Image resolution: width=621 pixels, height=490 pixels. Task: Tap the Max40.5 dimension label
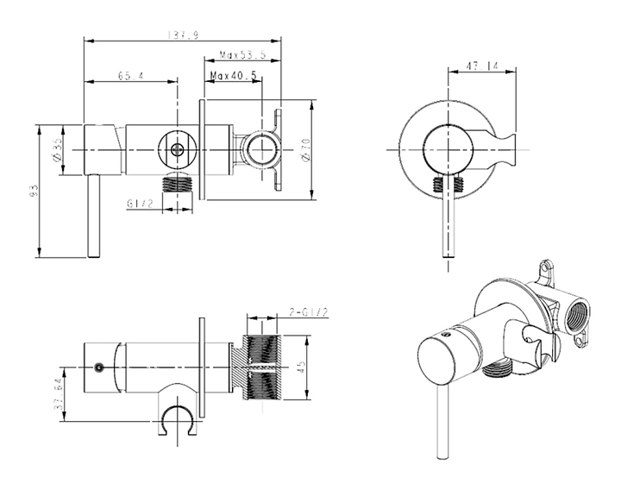(x=234, y=76)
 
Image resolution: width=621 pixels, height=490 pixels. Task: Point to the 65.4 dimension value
(x=130, y=76)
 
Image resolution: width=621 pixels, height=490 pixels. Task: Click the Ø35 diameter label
(x=56, y=151)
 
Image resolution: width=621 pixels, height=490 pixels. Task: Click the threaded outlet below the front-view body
(x=179, y=183)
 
